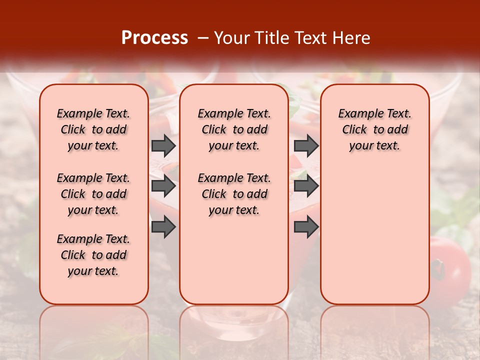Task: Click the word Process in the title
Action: click(x=154, y=38)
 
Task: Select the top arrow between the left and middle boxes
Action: click(x=163, y=145)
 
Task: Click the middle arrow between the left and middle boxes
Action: click(x=163, y=186)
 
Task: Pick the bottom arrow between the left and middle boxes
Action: click(x=163, y=227)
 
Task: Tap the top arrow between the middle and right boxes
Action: click(x=306, y=145)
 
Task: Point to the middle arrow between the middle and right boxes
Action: click(x=306, y=186)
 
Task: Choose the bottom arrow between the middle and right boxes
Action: click(x=306, y=227)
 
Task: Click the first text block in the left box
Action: click(x=93, y=129)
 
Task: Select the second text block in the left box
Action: click(x=93, y=194)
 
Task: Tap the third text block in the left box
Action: click(x=93, y=255)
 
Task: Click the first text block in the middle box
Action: click(x=234, y=129)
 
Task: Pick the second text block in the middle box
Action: click(x=234, y=194)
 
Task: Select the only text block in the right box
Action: click(x=374, y=129)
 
